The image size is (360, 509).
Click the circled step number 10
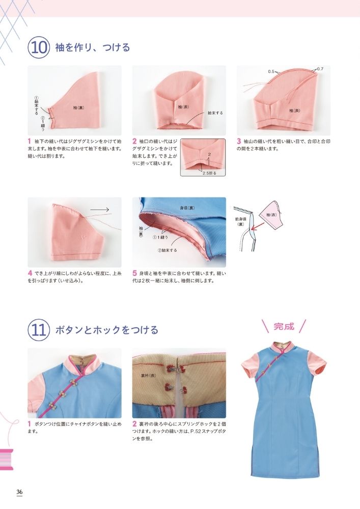39,48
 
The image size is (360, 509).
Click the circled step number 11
39,329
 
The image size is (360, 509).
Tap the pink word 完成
284,326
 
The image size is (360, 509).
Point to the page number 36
19,492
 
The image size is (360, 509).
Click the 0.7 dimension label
320,68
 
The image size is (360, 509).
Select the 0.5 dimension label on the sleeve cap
271,72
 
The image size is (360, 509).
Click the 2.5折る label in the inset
209,173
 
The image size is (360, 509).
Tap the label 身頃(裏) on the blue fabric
187,208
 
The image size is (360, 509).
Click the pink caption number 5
134,273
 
